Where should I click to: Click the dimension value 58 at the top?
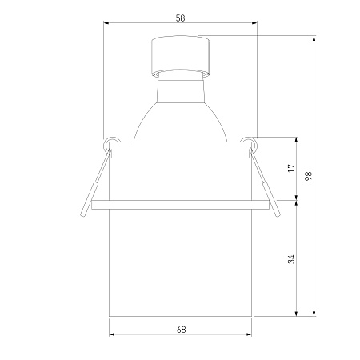tap(180, 18)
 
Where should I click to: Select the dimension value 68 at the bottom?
tap(181, 330)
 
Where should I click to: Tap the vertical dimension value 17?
tap(292, 168)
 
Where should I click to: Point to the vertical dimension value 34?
tap(292, 259)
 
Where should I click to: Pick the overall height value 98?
tap(308, 176)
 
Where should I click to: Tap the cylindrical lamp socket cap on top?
tap(180, 56)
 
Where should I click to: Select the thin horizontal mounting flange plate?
tap(180, 205)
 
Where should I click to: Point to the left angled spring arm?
tap(95, 183)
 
